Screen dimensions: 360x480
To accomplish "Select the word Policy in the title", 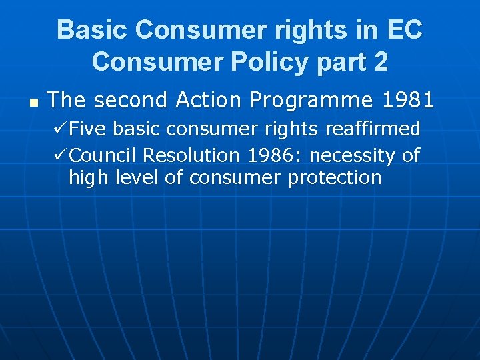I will click(261, 61).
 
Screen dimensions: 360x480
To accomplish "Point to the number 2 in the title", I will click(381, 61).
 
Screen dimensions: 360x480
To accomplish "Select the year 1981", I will click(409, 101).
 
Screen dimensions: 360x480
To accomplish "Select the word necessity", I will click(353, 155).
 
